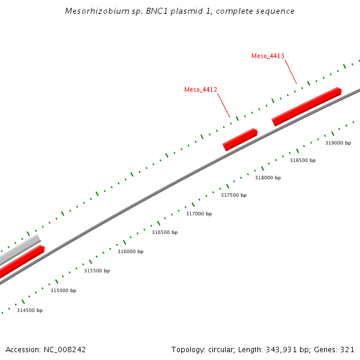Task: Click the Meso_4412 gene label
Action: pyautogui.click(x=200, y=90)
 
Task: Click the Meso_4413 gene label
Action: pyautogui.click(x=268, y=56)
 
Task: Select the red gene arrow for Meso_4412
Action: pyautogui.click(x=240, y=139)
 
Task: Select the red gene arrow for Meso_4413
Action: pyautogui.click(x=307, y=106)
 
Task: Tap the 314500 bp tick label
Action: pyautogui.click(x=29, y=311)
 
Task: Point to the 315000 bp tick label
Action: pyautogui.click(x=63, y=291)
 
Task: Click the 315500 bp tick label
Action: pyautogui.click(x=97, y=271)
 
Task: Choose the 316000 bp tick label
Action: pyautogui.click(x=130, y=252)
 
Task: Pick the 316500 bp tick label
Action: pyautogui.click(x=164, y=233)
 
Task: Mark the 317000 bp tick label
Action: pyautogui.click(x=199, y=214)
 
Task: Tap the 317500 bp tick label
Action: pyautogui.click(x=233, y=196)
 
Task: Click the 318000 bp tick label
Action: pyautogui.click(x=268, y=178)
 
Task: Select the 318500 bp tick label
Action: pyautogui.click(x=302, y=161)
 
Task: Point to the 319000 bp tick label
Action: pyautogui.click(x=338, y=143)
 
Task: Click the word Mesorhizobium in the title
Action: pyautogui.click(x=92, y=11)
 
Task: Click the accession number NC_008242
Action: pyautogui.click(x=64, y=350)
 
